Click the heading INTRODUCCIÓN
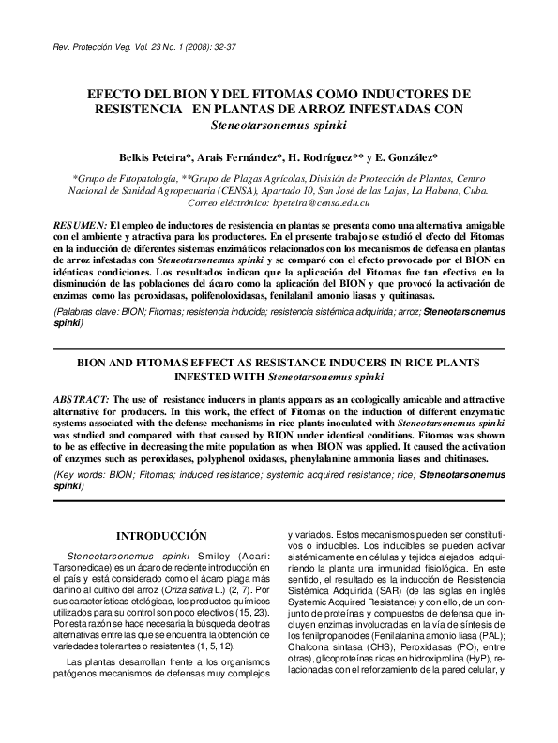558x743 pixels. [160, 536]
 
